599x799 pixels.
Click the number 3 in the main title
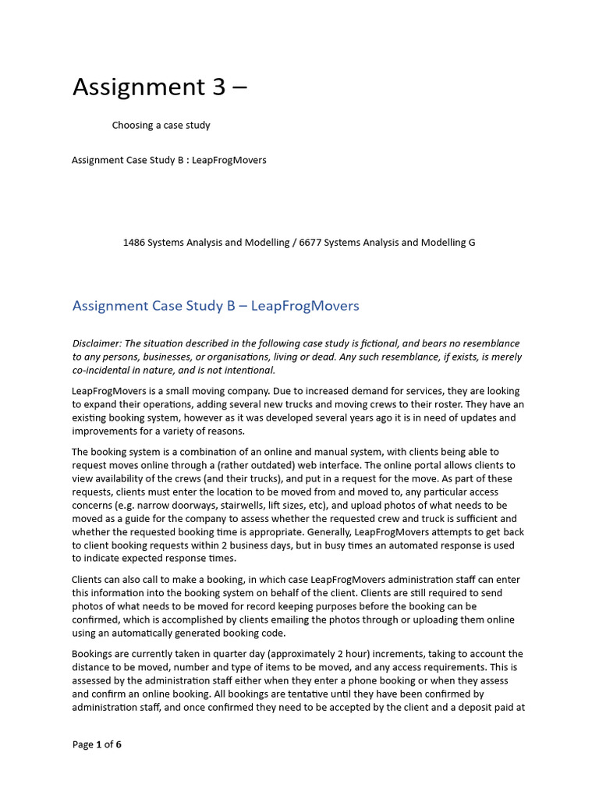tap(218, 87)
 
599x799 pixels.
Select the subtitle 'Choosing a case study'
tap(161, 125)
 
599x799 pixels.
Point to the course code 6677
tap(310, 243)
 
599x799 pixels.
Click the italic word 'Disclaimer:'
tap(98, 343)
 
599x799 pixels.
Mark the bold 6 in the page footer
tap(119, 744)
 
